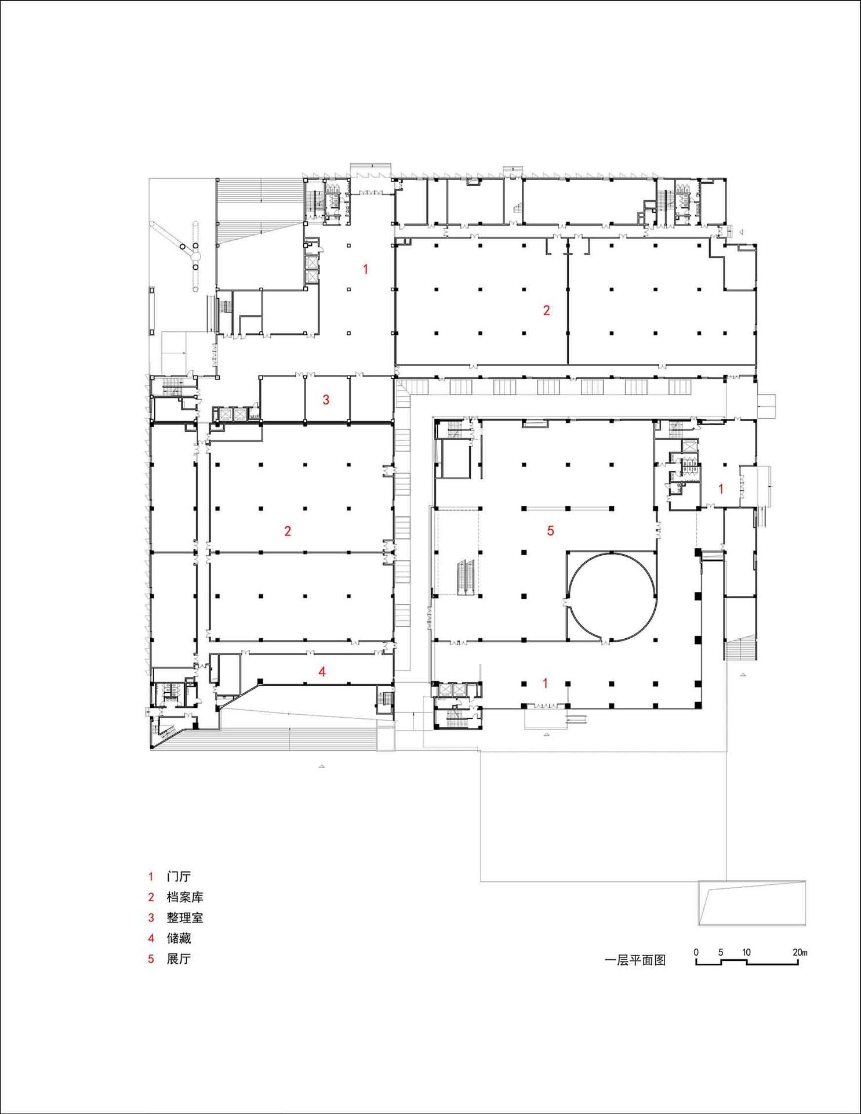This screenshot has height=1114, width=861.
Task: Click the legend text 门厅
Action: (x=178, y=877)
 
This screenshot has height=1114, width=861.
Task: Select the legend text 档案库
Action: (x=184, y=897)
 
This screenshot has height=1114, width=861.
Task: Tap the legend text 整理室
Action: (x=184, y=918)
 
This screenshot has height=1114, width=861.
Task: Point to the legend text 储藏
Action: (x=178, y=938)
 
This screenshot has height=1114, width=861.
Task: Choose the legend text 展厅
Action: (x=178, y=959)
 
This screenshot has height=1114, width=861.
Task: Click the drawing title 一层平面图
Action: (x=635, y=960)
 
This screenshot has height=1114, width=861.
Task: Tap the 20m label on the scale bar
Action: (x=800, y=952)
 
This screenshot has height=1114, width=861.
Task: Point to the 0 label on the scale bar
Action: (x=696, y=952)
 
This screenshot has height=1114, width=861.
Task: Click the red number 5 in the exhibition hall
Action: (x=550, y=530)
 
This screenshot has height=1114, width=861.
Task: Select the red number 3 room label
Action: (x=326, y=400)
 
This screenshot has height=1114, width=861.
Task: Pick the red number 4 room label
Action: (x=322, y=672)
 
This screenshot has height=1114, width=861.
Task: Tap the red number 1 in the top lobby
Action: (x=365, y=269)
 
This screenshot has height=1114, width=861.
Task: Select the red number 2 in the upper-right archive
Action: (x=546, y=310)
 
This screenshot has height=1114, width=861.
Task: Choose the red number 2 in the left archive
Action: (x=288, y=531)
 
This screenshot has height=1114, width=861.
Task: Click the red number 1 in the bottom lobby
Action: (x=544, y=683)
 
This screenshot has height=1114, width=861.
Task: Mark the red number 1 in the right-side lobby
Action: (x=721, y=489)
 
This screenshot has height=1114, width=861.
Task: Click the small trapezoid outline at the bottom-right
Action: (x=751, y=903)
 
